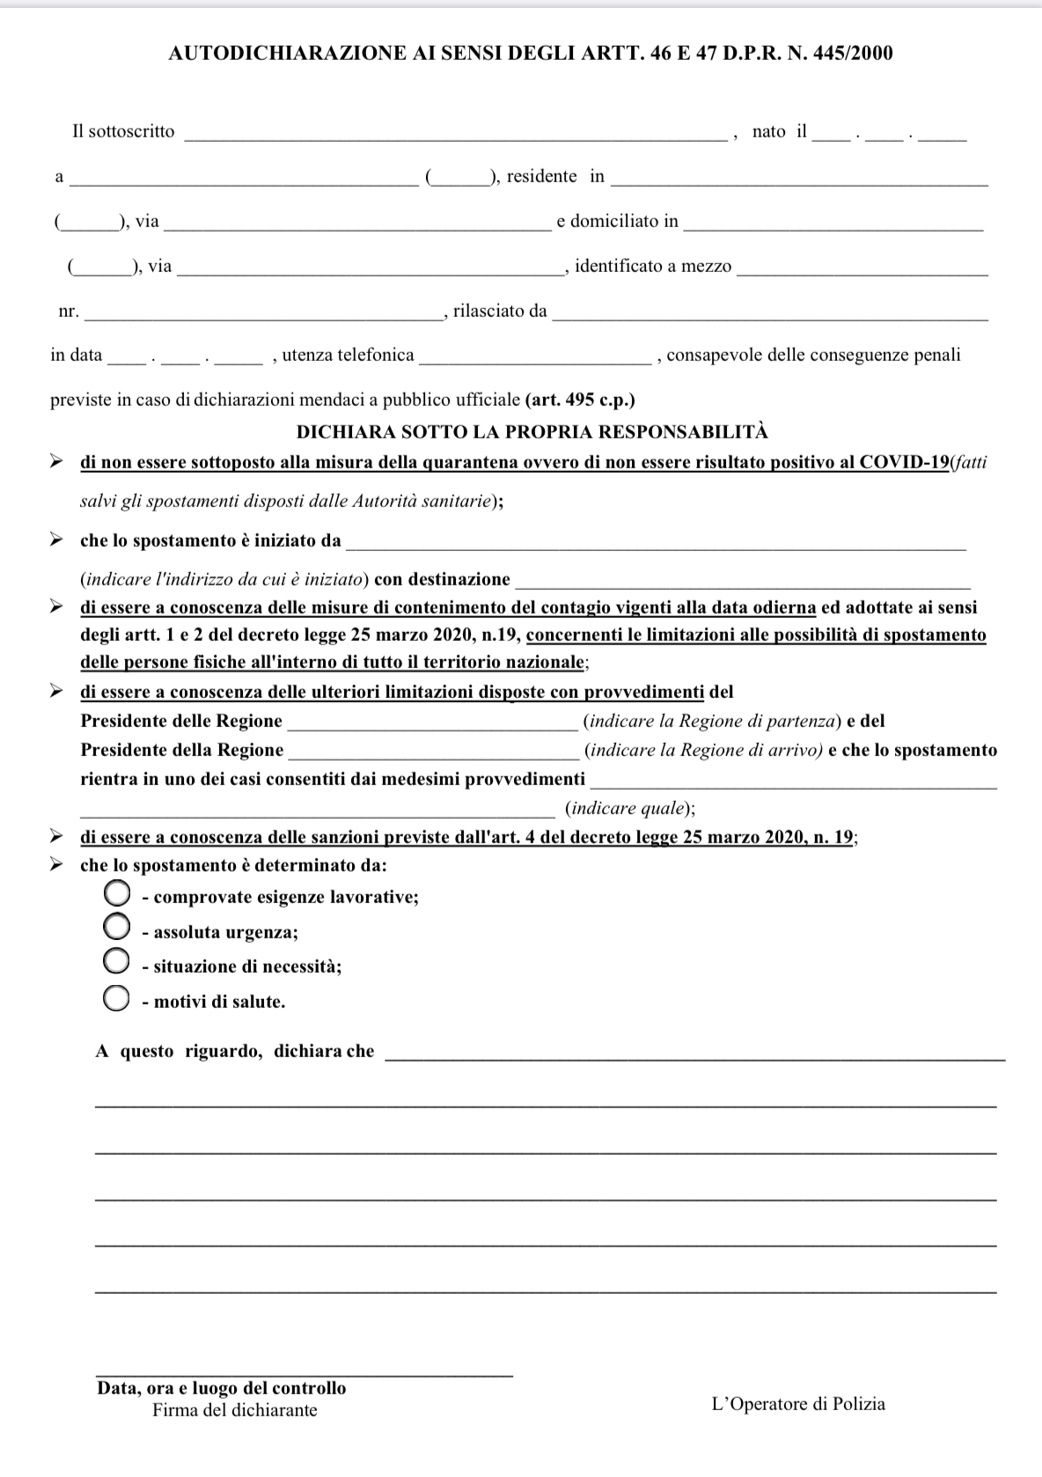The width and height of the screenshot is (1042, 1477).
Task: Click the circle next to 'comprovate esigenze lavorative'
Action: click(117, 894)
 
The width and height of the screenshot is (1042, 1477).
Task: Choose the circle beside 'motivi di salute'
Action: click(117, 998)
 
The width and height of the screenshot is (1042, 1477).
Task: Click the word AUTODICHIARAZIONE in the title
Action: click(287, 54)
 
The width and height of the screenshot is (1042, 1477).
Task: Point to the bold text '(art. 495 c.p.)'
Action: click(580, 400)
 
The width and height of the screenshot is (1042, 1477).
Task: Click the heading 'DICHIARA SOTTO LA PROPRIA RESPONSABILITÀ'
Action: click(532, 432)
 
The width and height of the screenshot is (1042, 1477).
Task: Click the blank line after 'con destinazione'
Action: click(742, 583)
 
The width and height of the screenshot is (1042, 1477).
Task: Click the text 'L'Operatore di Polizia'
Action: click(798, 1404)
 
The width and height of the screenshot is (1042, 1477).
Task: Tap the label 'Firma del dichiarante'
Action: click(235, 1410)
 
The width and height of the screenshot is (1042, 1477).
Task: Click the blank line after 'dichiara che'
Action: click(694, 1055)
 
